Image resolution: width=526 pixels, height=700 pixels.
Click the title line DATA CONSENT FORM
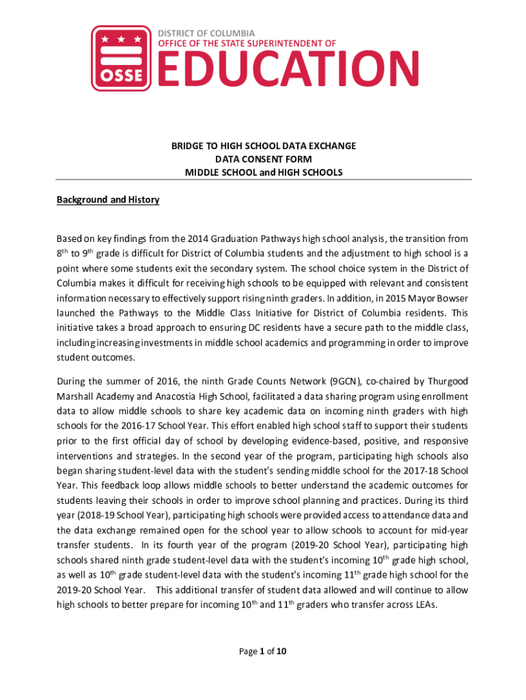(x=264, y=159)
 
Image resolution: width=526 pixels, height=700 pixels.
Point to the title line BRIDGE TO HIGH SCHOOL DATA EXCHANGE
(x=264, y=146)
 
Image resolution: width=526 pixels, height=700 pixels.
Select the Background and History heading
(x=108, y=200)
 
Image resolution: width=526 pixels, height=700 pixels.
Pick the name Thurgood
(x=448, y=381)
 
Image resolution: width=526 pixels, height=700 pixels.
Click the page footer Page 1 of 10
(x=262, y=651)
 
